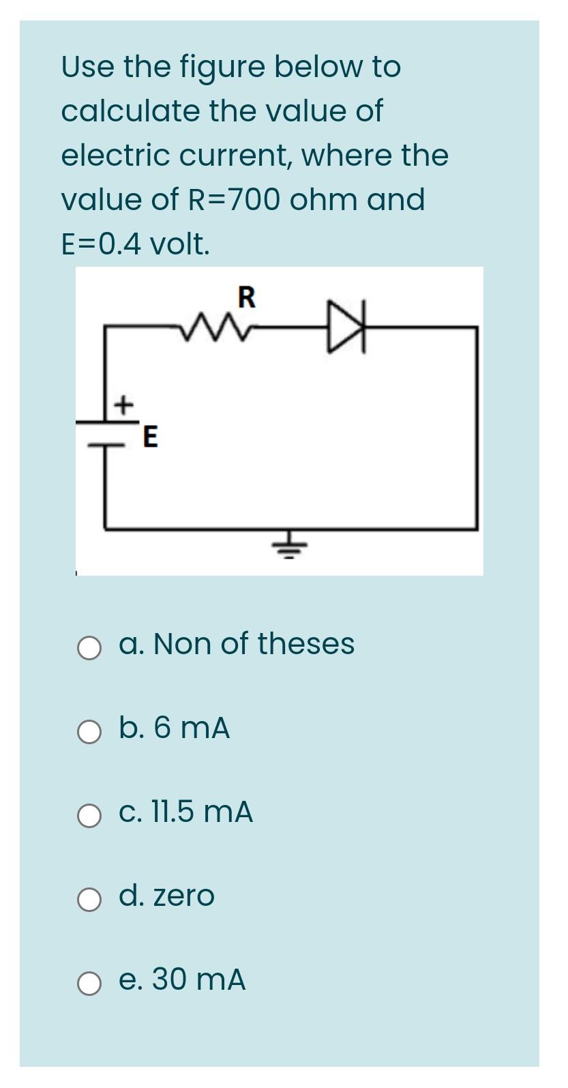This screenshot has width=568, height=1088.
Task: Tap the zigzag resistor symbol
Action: [x=211, y=327]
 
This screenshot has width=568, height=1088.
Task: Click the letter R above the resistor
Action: [x=246, y=297]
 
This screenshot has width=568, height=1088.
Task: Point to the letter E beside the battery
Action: [x=150, y=437]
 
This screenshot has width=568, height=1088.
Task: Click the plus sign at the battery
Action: [x=123, y=405]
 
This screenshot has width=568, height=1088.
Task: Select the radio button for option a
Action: [x=89, y=648]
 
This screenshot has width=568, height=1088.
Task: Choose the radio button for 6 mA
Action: [x=89, y=732]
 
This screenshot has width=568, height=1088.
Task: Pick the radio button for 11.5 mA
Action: [x=89, y=816]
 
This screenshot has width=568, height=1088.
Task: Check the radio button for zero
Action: [x=89, y=900]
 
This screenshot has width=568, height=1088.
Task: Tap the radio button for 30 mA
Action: [x=89, y=984]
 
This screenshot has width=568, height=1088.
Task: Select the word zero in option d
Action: [x=183, y=896]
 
